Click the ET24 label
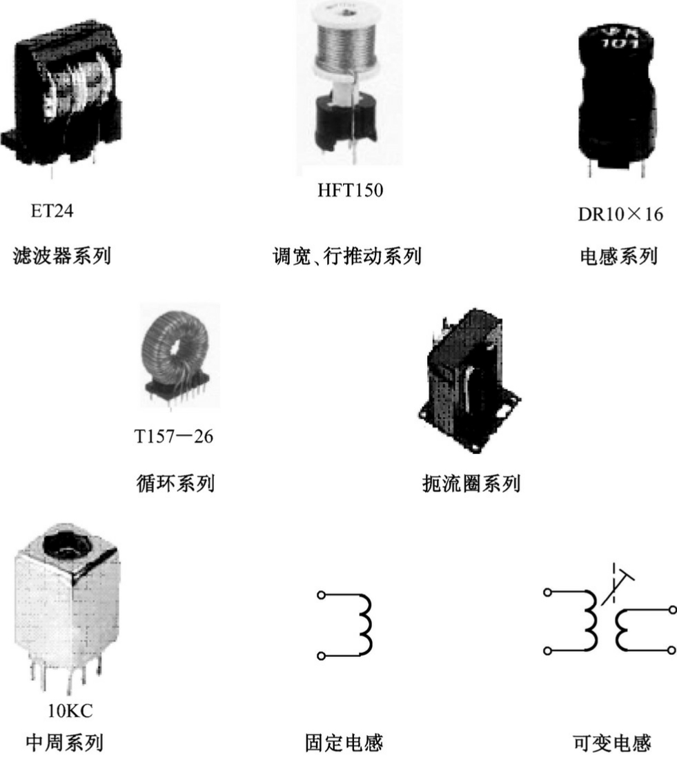[52, 210]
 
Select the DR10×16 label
[620, 214]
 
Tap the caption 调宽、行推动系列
[347, 258]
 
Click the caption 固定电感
[344, 743]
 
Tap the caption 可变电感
[612, 743]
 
